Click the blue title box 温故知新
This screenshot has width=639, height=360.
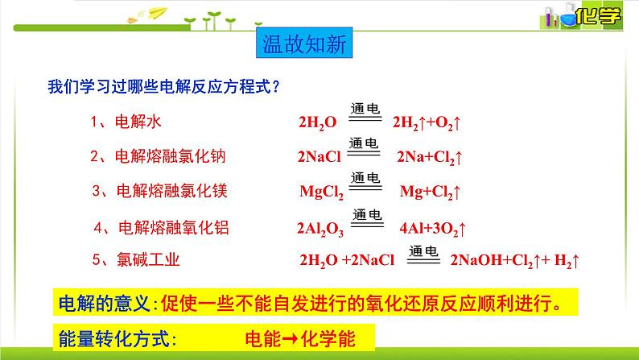point(304,43)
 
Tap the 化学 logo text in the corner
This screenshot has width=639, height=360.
point(598,16)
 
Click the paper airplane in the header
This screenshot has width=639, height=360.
point(158,13)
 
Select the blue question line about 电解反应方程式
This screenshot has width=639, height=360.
point(164,86)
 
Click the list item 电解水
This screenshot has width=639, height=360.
point(126,122)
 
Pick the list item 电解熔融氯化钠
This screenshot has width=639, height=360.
point(158,156)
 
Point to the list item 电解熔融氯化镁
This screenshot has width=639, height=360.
point(159,191)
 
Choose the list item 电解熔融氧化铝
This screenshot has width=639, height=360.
point(162,227)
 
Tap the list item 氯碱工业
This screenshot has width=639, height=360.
point(136,259)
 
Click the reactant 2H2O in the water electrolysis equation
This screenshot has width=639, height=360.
point(318,122)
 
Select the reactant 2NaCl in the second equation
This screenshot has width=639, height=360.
point(319,156)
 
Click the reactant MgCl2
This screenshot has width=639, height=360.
point(322,192)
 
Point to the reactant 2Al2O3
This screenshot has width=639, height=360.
point(320,229)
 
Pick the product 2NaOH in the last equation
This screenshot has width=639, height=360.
point(476,260)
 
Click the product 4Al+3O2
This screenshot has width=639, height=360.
point(432,229)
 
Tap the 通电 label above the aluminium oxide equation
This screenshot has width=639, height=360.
point(367,214)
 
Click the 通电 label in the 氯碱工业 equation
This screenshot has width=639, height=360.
point(423,250)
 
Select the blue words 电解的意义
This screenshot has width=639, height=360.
point(104,304)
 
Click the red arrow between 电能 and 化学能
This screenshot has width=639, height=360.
point(290,339)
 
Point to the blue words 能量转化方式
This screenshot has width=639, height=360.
point(113,339)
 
